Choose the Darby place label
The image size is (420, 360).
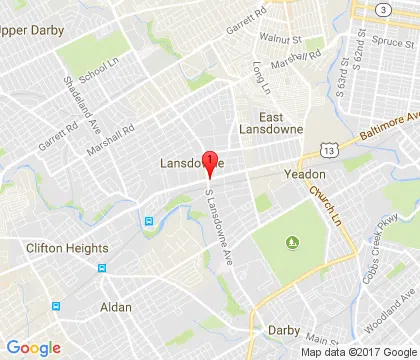coord(284,328)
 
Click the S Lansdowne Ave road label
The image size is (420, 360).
coord(219,229)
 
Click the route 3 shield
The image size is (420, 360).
coord(384,9)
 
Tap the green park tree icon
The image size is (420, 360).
coord(292,241)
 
